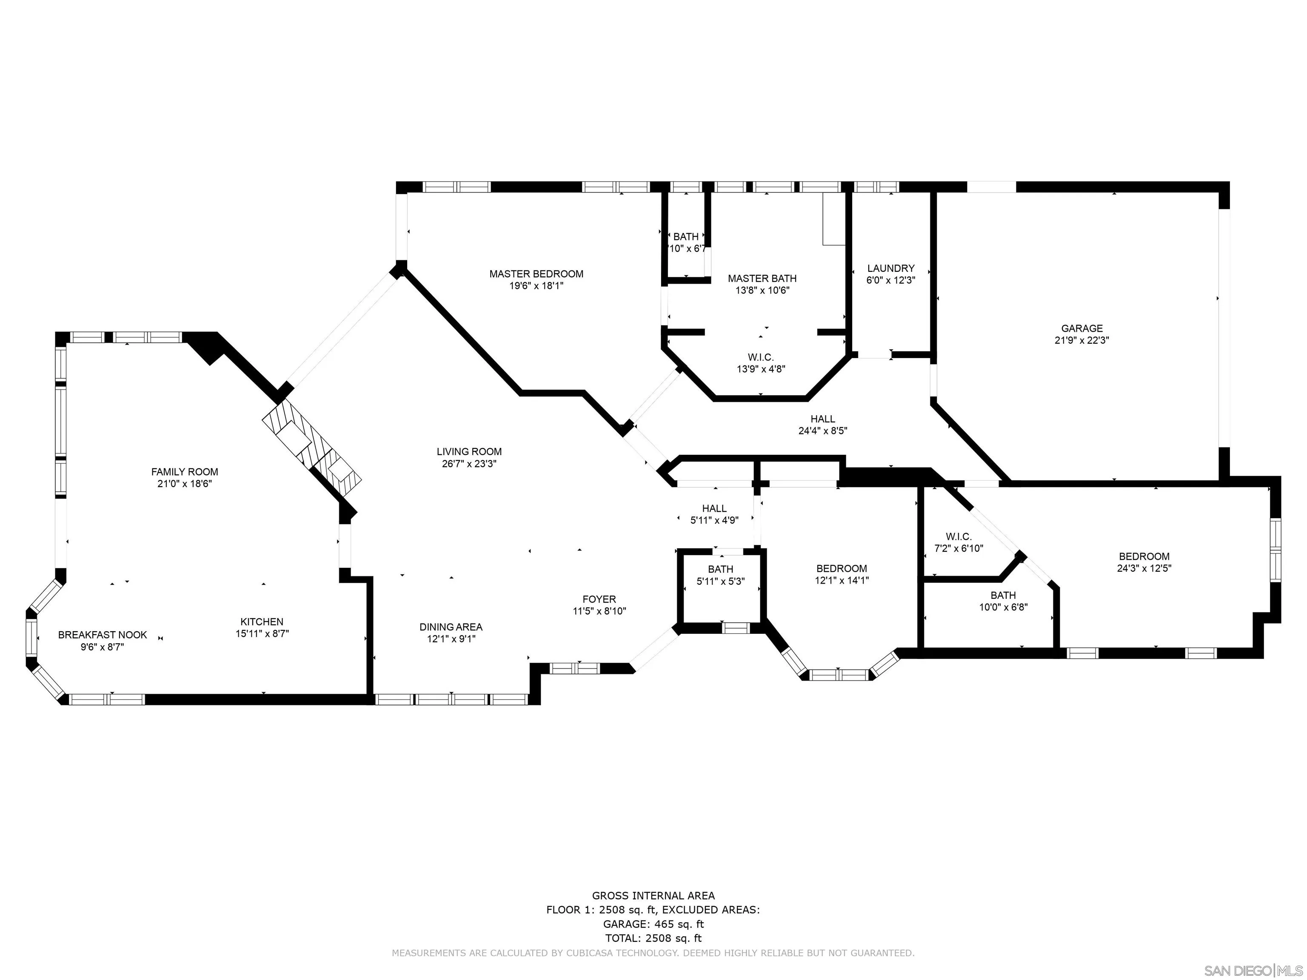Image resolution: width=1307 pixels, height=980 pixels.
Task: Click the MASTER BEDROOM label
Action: [x=536, y=273]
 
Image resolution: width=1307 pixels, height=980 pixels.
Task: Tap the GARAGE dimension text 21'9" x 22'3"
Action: [x=1081, y=340]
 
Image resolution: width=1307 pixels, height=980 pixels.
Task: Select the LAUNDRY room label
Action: [x=890, y=268]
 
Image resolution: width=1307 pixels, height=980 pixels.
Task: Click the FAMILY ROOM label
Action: [x=184, y=471]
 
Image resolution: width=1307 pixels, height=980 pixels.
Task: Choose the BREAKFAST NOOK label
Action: [x=102, y=635]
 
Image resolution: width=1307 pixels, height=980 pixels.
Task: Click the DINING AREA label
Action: [x=451, y=627]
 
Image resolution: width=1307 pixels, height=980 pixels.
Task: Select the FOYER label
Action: [x=599, y=599]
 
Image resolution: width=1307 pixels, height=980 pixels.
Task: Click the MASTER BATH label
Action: [x=762, y=278]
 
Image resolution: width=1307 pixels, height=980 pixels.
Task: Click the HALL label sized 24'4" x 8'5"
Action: [x=822, y=419]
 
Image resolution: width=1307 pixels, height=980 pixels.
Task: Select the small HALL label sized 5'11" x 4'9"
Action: [x=714, y=508]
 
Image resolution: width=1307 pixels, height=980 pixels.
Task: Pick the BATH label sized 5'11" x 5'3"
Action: [x=720, y=569]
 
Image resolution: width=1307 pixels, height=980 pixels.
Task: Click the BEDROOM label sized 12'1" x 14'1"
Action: [x=842, y=568]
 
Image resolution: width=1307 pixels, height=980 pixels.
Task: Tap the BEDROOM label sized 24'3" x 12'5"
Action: [x=1144, y=556]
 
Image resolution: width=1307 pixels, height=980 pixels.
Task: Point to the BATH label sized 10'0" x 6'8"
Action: [x=1003, y=595]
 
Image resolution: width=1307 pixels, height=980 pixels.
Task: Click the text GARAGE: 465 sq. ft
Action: [x=653, y=924]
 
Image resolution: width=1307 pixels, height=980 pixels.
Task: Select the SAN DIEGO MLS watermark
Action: [x=1253, y=971]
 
